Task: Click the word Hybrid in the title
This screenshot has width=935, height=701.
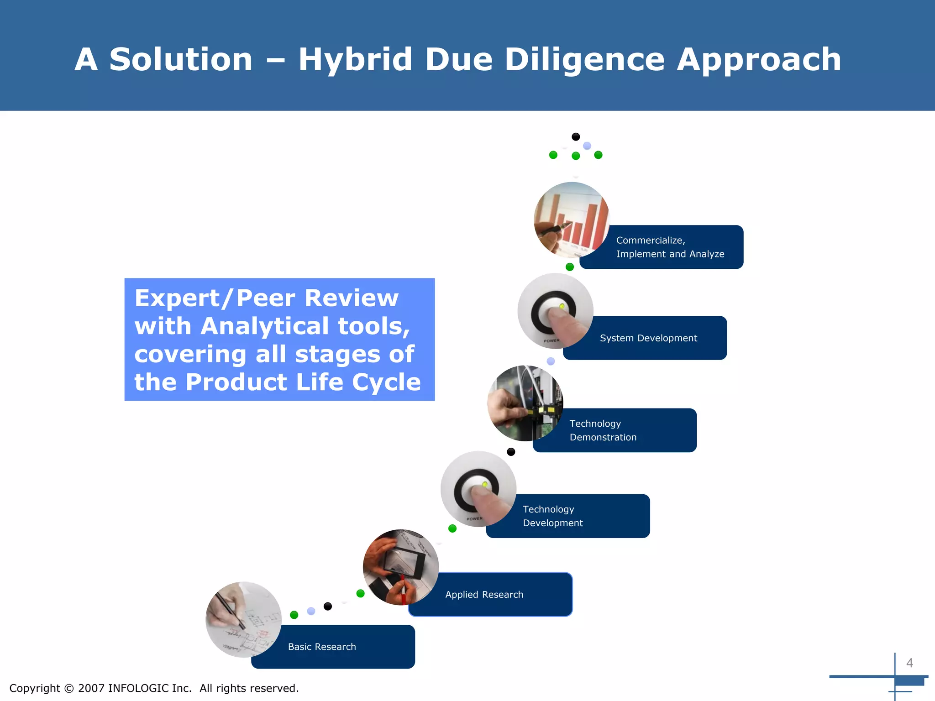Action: tap(355, 60)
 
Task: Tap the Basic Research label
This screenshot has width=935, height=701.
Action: tap(322, 647)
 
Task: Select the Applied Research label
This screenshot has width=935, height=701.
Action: tap(484, 595)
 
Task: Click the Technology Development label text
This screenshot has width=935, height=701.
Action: tap(552, 516)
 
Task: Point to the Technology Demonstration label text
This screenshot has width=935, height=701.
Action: tap(603, 430)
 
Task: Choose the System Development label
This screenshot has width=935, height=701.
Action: tap(648, 338)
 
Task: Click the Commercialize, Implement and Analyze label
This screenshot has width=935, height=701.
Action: tap(670, 247)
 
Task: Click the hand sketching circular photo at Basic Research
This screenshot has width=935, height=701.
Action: tap(243, 619)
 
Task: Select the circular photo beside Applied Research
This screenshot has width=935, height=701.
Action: tap(400, 567)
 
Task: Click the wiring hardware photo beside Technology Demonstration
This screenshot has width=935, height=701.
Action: tap(525, 403)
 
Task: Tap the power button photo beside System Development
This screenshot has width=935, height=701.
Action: tap(555, 311)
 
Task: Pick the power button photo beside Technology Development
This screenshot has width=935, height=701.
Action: tap(478, 489)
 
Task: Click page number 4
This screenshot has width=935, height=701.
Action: tap(909, 663)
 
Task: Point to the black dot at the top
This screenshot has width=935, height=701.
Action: tap(576, 136)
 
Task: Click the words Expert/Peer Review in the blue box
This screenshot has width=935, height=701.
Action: tap(266, 298)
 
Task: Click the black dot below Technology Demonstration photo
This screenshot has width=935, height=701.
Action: tap(511, 452)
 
